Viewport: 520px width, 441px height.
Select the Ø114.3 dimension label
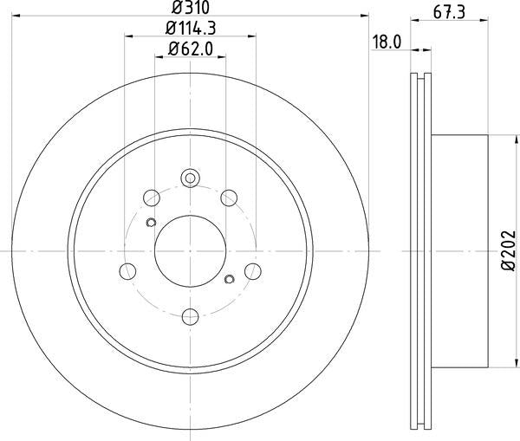click(x=190, y=29)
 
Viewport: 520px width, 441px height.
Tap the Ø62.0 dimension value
click(x=190, y=49)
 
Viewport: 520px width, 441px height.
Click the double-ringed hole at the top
click(x=190, y=179)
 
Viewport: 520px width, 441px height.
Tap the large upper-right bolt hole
click(x=229, y=197)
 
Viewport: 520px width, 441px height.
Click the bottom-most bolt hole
click(x=190, y=315)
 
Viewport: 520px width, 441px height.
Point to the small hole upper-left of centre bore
click(x=151, y=224)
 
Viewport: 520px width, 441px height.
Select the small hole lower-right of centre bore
click(x=230, y=278)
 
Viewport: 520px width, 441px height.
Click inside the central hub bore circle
click(x=190, y=250)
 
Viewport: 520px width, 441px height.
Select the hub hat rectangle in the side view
click(x=459, y=250)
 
